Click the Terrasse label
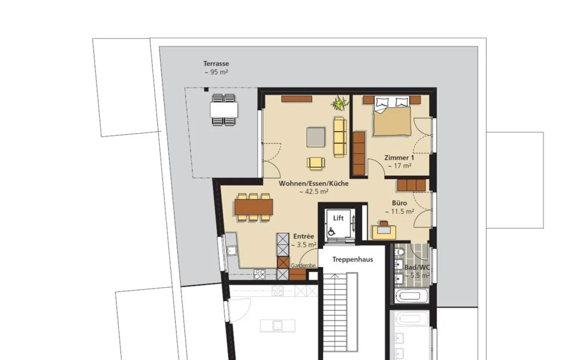click(216, 64)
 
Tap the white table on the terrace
click(224, 110)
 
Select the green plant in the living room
click(340, 103)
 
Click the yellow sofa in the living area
click(340, 137)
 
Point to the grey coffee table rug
click(316, 137)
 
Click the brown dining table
click(254, 207)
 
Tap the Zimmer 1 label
click(399, 158)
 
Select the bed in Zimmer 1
click(392, 116)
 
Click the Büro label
click(399, 203)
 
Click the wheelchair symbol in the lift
click(331, 231)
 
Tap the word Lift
click(338, 218)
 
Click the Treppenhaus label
click(353, 260)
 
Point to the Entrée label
click(304, 236)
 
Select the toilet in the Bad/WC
click(400, 251)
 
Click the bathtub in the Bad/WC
click(411, 296)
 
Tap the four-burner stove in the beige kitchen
click(260, 274)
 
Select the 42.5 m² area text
click(314, 192)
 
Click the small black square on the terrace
click(206, 89)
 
